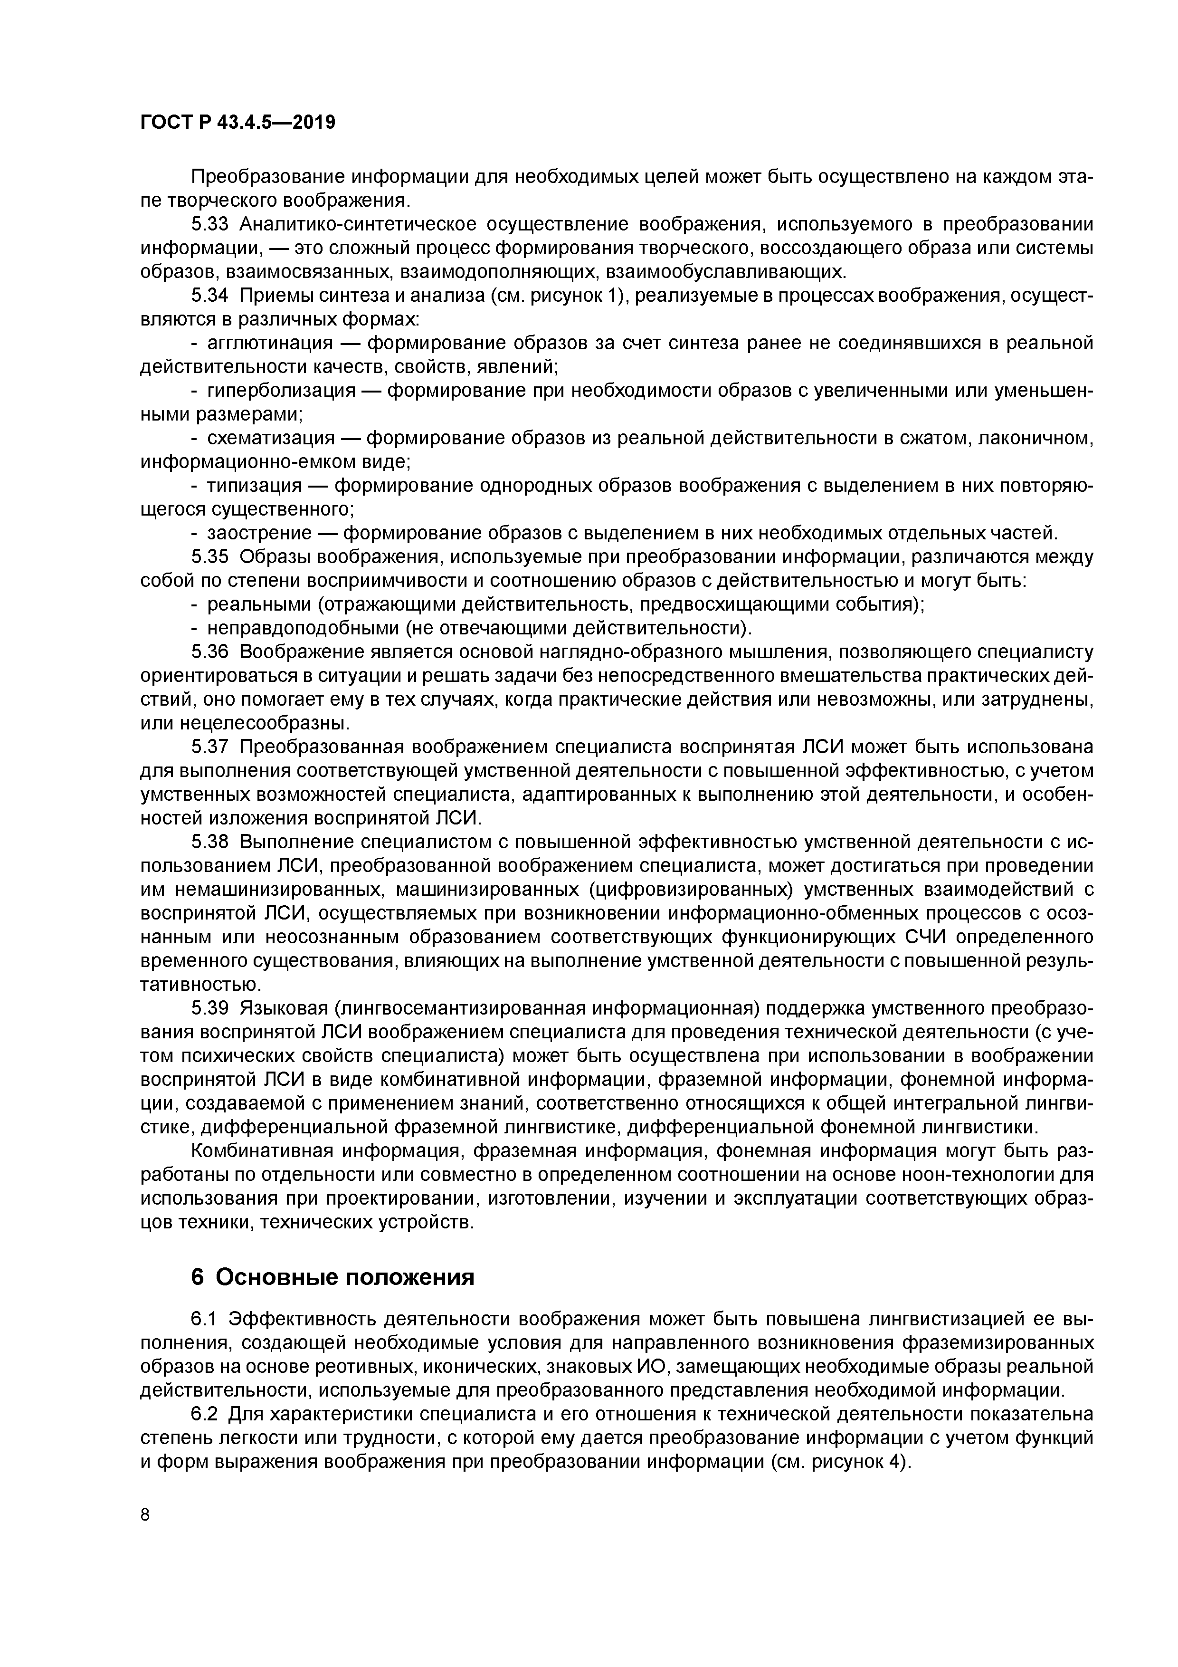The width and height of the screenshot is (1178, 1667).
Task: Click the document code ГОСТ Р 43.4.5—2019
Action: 237,122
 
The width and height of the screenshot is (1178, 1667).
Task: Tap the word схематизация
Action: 271,439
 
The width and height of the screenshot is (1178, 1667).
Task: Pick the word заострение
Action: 259,534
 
